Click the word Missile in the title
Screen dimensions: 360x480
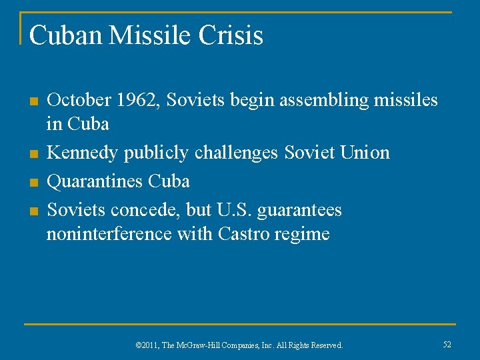pos(144,35)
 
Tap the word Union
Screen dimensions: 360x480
pos(366,153)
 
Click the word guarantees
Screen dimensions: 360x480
pos(299,210)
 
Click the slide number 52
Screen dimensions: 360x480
pos(447,344)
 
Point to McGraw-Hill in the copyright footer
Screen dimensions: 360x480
pos(203,345)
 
